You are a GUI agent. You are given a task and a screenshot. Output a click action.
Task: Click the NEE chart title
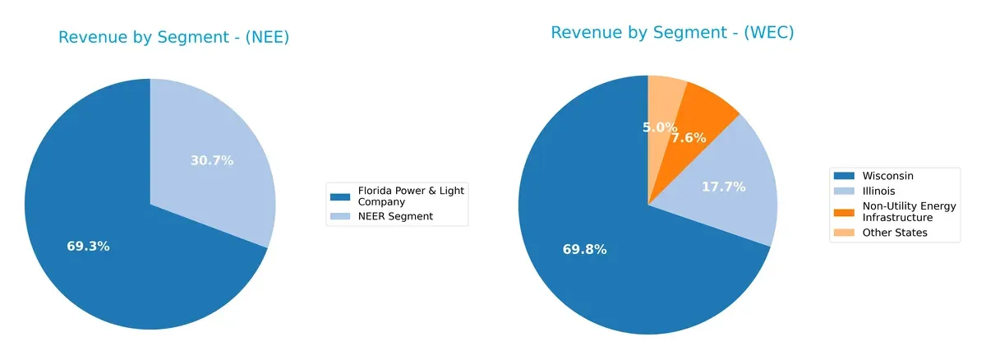tap(173, 38)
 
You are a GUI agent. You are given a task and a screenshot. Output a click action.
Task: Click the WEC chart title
tap(672, 33)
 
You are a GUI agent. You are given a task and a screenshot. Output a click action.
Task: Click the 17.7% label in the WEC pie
tap(723, 187)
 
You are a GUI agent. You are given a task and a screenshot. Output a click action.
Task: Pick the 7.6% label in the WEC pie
tap(689, 137)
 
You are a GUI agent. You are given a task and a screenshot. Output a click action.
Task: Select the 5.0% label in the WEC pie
tap(660, 127)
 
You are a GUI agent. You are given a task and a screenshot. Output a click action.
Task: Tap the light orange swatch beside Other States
tap(843, 233)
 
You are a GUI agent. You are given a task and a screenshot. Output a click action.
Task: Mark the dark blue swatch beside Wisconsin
tap(843, 176)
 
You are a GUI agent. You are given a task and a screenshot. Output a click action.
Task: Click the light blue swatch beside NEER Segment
tap(340, 216)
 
